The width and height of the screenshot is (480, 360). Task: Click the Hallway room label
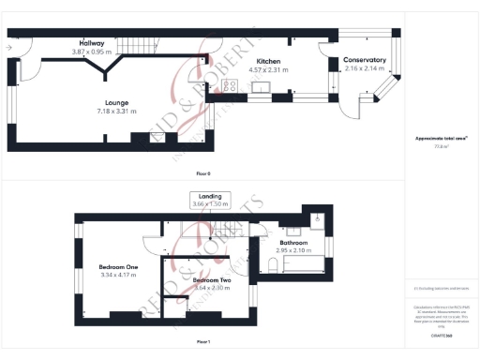(x=92, y=43)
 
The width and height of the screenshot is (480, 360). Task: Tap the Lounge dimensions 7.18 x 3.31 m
(x=117, y=111)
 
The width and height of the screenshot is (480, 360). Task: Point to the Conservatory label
(x=365, y=60)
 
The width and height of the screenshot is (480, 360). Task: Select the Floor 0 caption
(x=202, y=173)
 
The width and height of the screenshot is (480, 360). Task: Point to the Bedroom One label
(x=118, y=267)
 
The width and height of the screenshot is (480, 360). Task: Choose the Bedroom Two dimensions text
(x=212, y=287)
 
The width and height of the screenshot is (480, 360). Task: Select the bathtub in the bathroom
(x=306, y=265)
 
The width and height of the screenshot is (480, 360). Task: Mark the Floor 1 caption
(x=202, y=342)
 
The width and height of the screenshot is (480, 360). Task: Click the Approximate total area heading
(x=442, y=139)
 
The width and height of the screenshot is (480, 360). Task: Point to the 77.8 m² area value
(x=441, y=147)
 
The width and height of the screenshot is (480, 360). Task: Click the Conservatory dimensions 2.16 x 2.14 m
(x=365, y=68)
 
